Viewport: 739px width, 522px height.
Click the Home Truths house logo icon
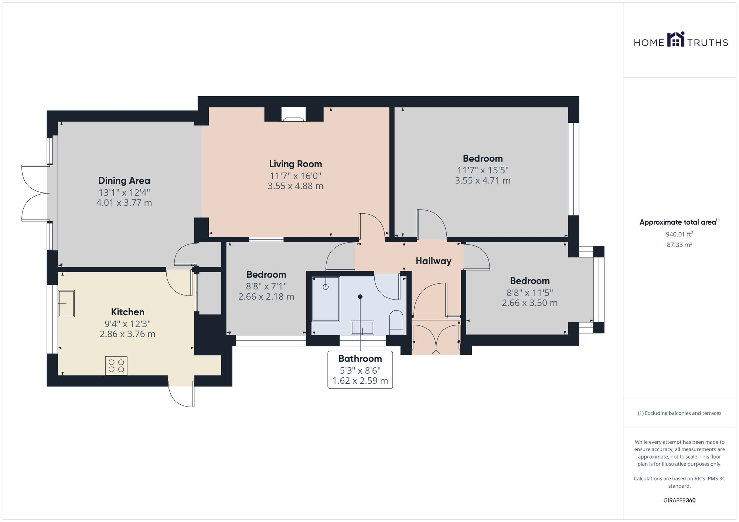click(676, 39)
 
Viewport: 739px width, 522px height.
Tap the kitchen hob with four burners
click(116, 366)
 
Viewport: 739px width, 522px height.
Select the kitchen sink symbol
click(67, 304)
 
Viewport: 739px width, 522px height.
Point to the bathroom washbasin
click(362, 328)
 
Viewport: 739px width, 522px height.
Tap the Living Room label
click(295, 164)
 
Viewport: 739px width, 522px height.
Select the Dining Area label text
click(124, 180)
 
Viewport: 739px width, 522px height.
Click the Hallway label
click(433, 261)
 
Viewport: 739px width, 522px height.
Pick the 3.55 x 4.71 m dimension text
click(482, 180)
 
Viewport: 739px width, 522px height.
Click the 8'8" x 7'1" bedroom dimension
click(266, 286)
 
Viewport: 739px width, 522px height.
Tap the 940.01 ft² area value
click(679, 234)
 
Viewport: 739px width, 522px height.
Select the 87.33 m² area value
click(679, 245)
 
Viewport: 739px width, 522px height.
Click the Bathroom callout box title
click(360, 359)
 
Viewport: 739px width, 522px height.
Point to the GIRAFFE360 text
click(679, 500)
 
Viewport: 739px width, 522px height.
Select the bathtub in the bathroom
click(326, 299)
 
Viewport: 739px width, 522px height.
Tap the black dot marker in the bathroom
click(360, 297)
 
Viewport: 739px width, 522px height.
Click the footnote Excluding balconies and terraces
click(679, 413)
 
